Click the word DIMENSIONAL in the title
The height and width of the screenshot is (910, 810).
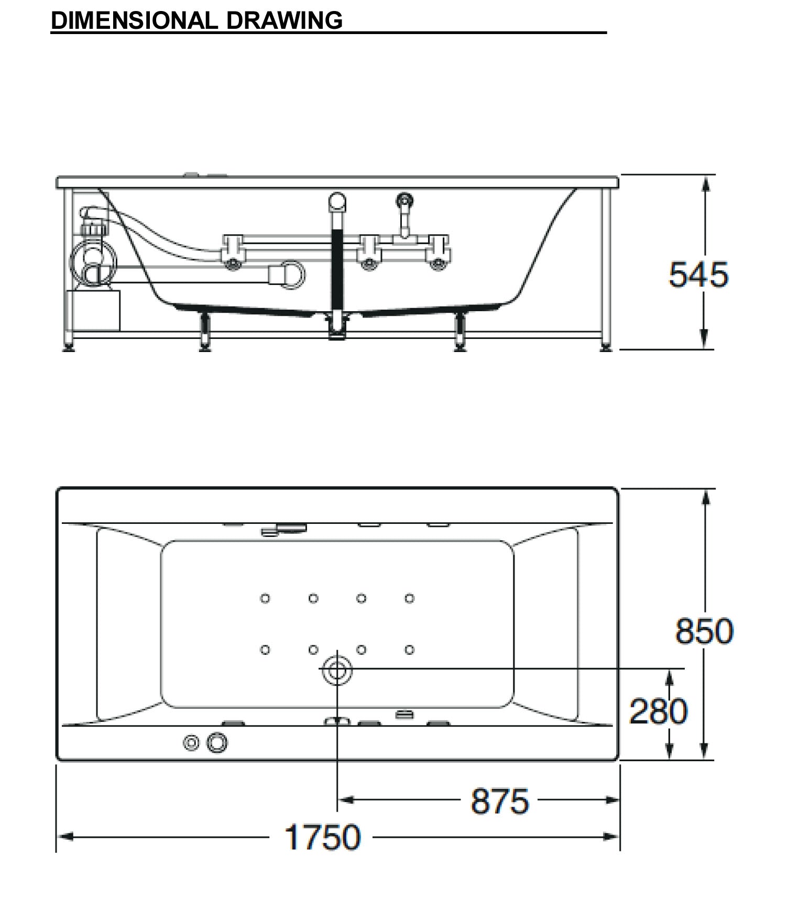pos(134,20)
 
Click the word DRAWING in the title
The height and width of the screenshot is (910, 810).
pos(284,20)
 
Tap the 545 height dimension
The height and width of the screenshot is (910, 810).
pos(698,274)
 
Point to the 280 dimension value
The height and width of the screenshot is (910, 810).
pos(658,711)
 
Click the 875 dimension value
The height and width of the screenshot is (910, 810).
pos(500,801)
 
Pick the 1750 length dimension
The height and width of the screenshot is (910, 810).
pos(322,837)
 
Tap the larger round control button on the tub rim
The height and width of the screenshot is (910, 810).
pos(217,742)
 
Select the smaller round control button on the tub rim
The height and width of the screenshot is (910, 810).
pos(192,742)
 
